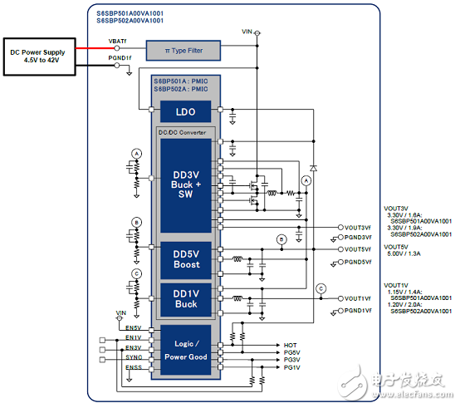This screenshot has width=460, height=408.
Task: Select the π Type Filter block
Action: tap(184, 52)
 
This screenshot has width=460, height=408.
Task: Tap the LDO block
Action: tap(185, 111)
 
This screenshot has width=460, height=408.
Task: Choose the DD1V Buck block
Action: tap(185, 297)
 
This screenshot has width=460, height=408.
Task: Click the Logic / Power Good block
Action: tap(185, 350)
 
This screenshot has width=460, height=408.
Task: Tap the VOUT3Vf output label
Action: tap(360, 227)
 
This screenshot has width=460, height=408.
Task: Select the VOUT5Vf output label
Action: tap(360, 248)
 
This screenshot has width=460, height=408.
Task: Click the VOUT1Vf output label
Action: tap(360, 298)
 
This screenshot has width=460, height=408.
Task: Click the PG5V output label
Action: tap(292, 352)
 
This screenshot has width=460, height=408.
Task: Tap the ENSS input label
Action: tap(132, 366)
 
